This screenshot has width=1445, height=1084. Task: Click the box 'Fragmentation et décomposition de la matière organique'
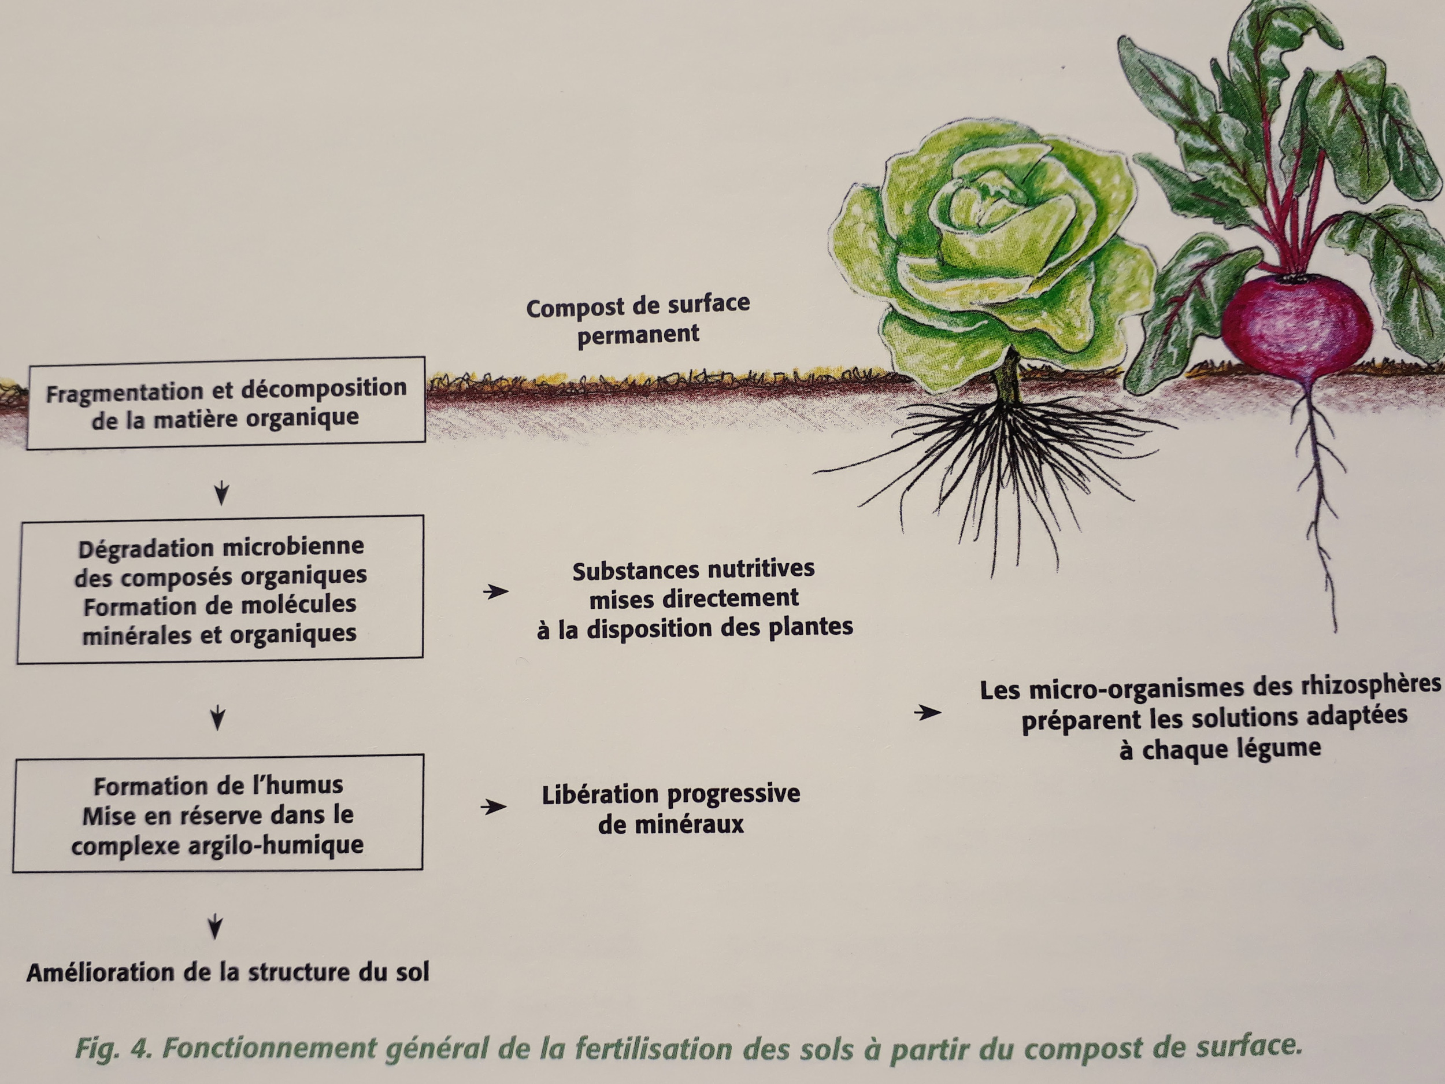click(x=226, y=402)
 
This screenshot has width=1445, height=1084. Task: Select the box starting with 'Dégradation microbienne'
click(x=220, y=589)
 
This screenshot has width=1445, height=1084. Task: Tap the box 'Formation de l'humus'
click(x=217, y=813)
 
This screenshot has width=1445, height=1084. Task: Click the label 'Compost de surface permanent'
click(x=638, y=320)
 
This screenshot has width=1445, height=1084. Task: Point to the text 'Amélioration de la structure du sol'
click(x=227, y=972)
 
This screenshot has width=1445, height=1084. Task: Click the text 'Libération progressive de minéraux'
click(x=671, y=809)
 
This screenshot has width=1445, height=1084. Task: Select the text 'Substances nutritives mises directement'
click(x=694, y=583)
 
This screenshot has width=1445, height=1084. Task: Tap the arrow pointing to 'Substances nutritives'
click(x=496, y=592)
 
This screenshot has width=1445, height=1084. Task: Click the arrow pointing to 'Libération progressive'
click(x=493, y=807)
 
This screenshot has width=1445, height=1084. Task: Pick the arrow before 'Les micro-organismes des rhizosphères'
click(x=928, y=712)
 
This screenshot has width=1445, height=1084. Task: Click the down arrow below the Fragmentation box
click(x=221, y=493)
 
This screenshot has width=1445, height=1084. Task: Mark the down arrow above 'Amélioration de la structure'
click(x=215, y=927)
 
